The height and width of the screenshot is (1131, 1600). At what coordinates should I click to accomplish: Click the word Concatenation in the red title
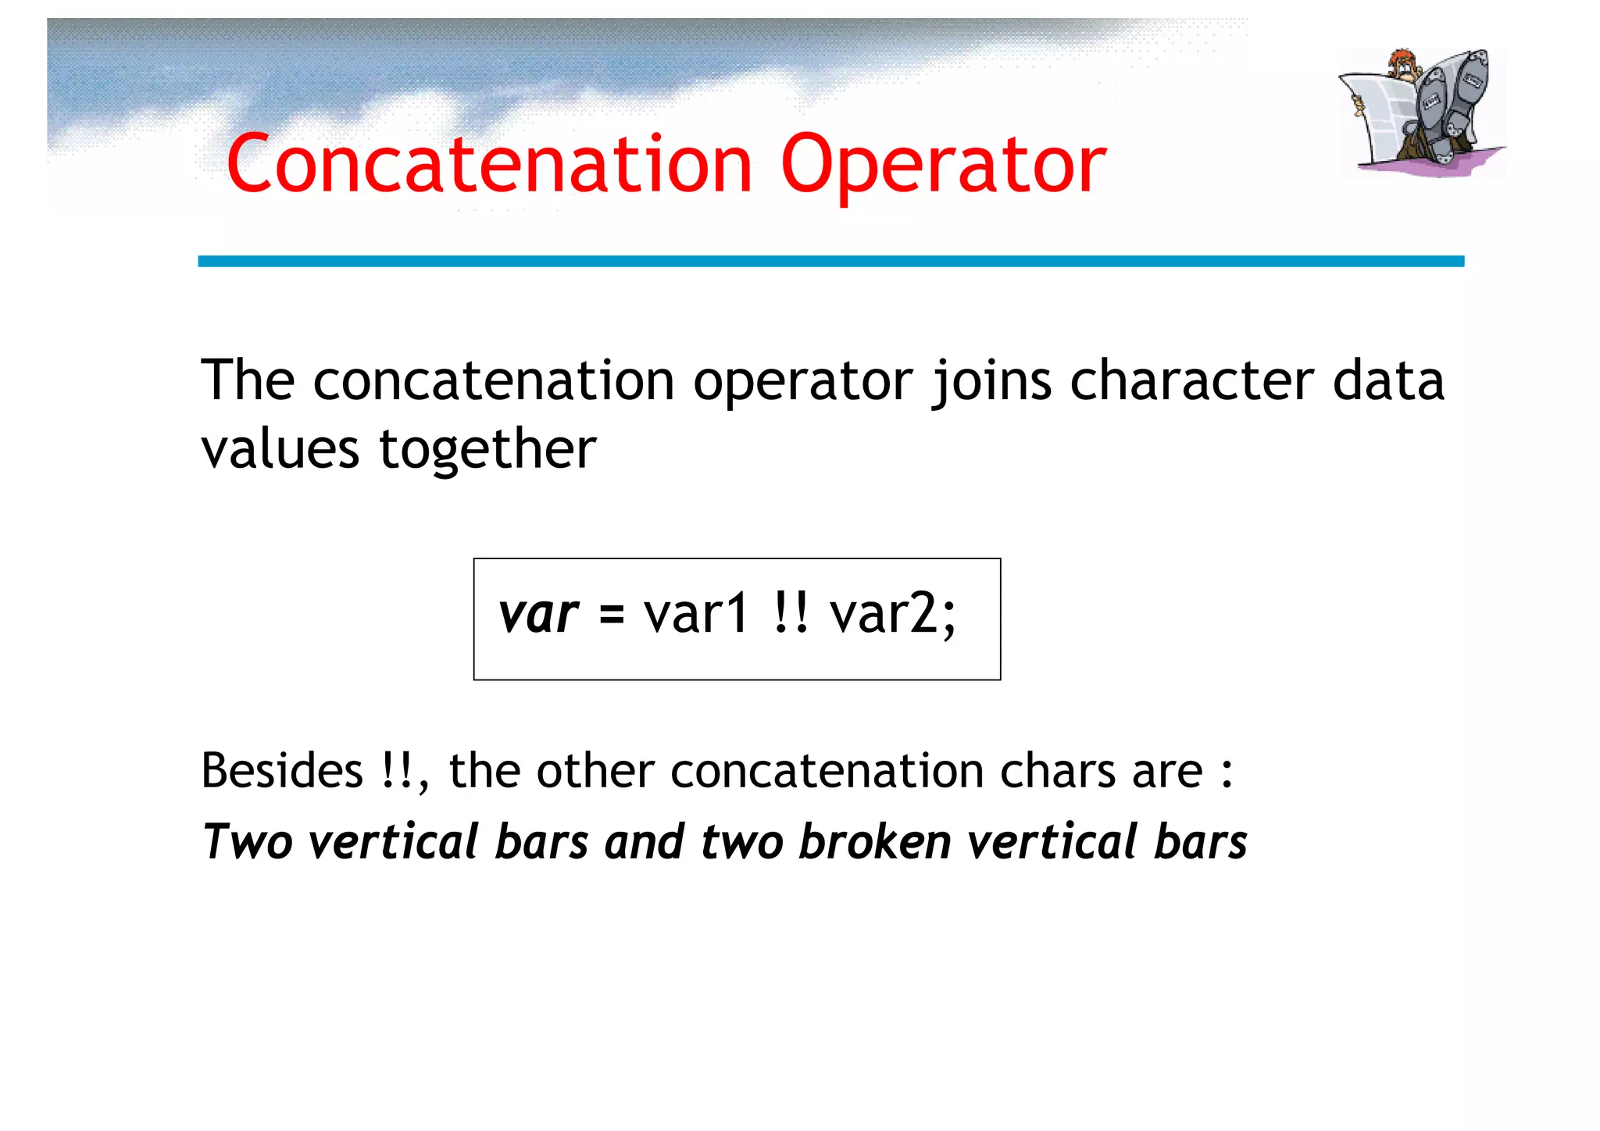pos(489,164)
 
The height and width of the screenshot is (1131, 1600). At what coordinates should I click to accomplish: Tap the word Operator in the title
pos(943,166)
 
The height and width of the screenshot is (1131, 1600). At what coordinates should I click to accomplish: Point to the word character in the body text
pos(1191,381)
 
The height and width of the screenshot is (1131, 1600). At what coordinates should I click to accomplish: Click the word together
pos(487,451)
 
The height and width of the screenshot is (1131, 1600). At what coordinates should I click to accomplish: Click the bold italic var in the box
pos(538,614)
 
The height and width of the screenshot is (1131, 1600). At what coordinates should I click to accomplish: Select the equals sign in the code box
pos(612,615)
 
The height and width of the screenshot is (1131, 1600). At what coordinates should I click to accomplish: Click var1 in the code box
pos(696,614)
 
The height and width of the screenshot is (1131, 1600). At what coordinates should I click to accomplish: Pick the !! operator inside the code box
pos(790,614)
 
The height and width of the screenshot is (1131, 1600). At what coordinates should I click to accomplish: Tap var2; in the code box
pos(892,615)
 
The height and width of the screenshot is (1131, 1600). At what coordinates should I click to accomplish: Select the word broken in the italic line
pos(874,842)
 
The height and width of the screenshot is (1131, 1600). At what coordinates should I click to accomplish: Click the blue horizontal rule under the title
pos(830,261)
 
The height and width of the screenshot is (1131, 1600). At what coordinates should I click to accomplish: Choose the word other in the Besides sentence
pos(595,771)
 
